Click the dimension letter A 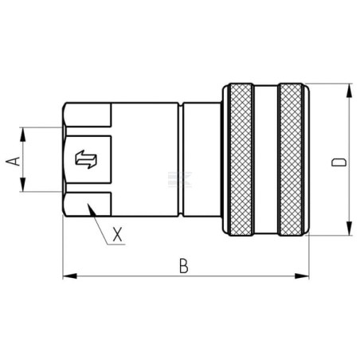(14, 161)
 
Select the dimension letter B (184, 266)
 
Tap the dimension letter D (339, 162)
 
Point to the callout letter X (118, 234)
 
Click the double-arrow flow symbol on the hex (86, 159)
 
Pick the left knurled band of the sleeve (241, 159)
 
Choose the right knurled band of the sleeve (291, 159)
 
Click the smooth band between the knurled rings (266, 159)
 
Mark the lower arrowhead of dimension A (23, 185)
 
